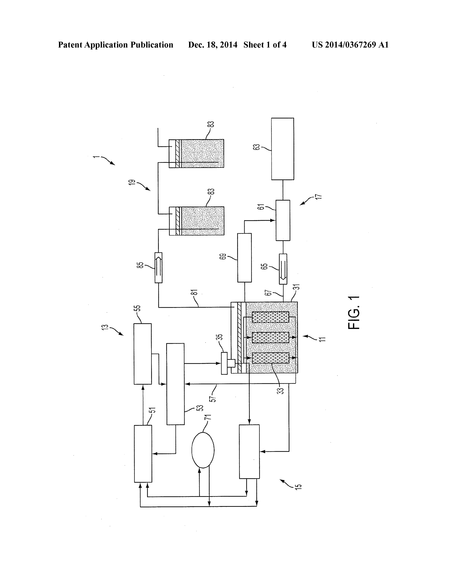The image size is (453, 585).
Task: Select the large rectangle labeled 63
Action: coord(283,149)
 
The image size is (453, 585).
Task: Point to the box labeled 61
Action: coord(283,220)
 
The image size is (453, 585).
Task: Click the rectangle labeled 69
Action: coord(244,258)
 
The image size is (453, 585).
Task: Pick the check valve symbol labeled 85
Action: coord(159,267)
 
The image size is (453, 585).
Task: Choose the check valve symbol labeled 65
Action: coord(283,269)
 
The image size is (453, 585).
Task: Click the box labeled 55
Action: coord(142,354)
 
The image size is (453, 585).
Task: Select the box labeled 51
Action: coord(143,454)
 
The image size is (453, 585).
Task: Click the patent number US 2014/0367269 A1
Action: coord(350,45)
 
